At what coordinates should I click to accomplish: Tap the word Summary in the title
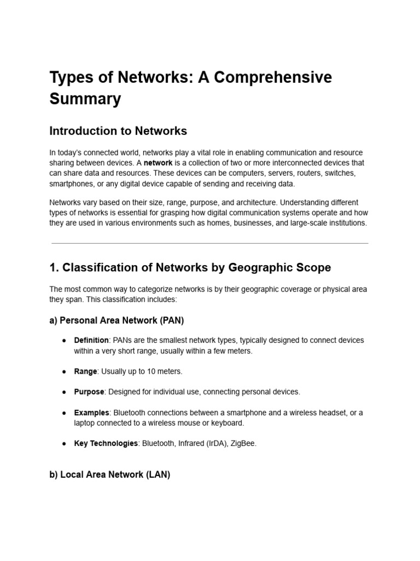click(x=85, y=99)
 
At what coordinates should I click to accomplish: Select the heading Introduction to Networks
click(x=118, y=131)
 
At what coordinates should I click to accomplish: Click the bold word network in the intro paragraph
click(x=158, y=163)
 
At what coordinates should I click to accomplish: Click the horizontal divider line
click(x=210, y=243)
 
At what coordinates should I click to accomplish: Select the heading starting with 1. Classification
click(x=190, y=268)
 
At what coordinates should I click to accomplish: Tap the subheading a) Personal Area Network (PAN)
click(x=116, y=320)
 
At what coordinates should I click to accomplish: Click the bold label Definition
click(x=91, y=340)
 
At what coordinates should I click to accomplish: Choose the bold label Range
click(x=85, y=371)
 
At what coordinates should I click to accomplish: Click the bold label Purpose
click(x=89, y=392)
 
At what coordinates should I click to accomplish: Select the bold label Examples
click(x=91, y=413)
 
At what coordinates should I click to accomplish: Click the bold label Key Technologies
click(x=106, y=443)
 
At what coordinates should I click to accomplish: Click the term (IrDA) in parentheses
click(x=215, y=443)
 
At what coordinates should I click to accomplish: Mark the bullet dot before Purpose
click(x=64, y=392)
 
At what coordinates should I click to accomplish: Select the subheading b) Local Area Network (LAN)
click(x=109, y=475)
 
